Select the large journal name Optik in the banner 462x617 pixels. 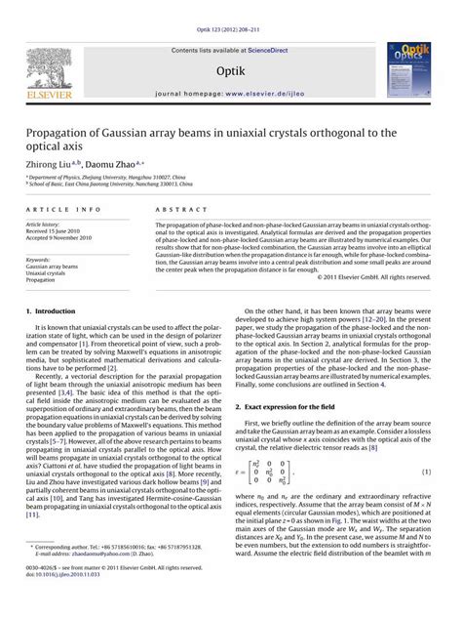232,61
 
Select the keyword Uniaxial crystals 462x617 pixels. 51,272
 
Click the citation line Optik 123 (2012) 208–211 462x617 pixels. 231,7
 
